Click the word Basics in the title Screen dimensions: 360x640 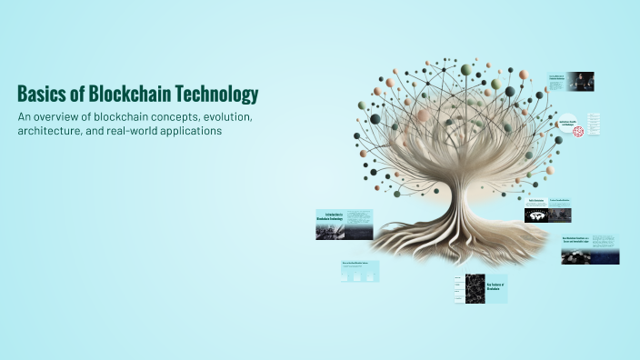click(x=40, y=95)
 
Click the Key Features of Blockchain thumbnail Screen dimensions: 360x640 click(x=481, y=288)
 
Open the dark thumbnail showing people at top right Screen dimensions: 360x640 click(x=572, y=81)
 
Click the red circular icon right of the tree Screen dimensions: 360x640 click(x=577, y=131)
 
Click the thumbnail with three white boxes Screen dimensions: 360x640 click(x=360, y=271)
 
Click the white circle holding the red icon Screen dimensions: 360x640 click(x=577, y=131)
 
